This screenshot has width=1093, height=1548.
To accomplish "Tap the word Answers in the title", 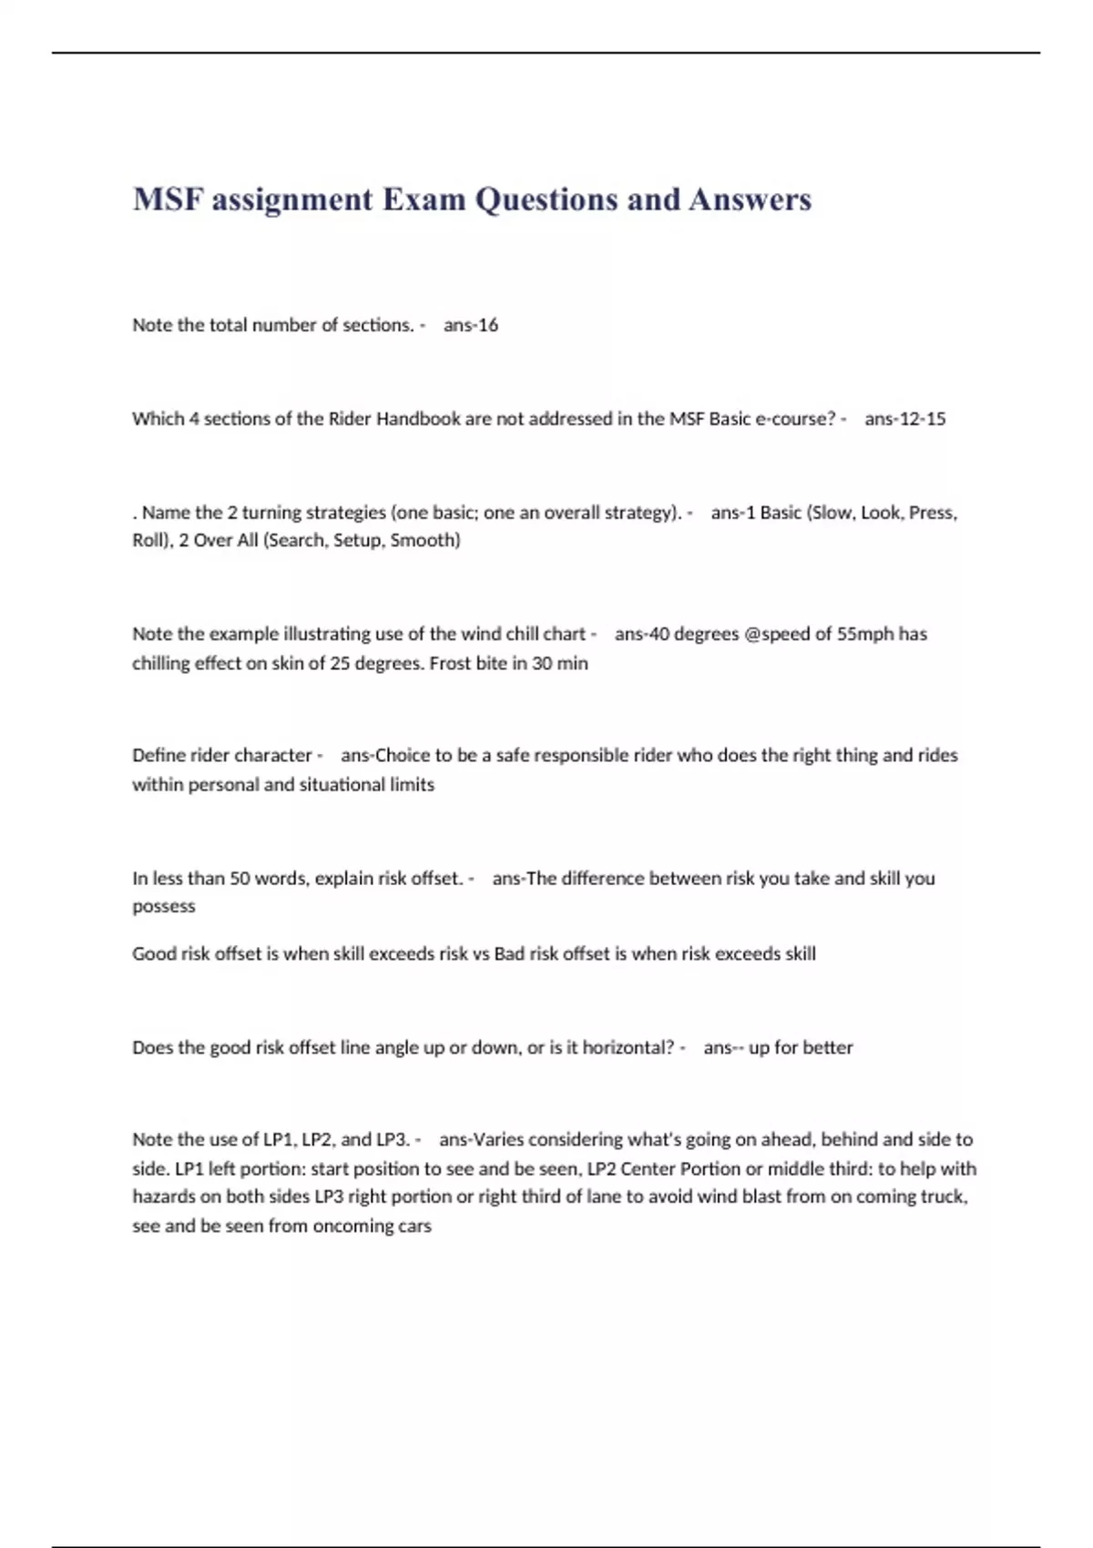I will coord(750,199).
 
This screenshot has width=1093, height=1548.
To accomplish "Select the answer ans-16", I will coord(471,325).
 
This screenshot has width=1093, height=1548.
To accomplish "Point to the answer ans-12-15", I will coord(905,419).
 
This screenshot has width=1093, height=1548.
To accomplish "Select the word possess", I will coord(164,906).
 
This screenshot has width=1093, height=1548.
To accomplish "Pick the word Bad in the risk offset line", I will coord(509,953).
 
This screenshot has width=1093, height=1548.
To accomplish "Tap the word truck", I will coord(945,1197).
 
